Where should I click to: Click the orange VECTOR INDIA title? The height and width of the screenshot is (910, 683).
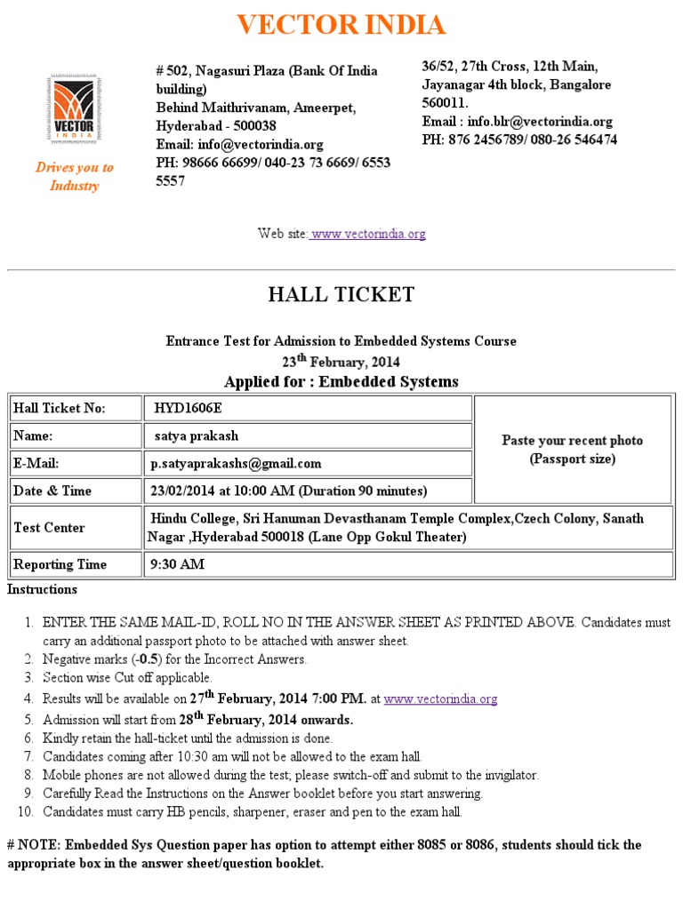click(x=341, y=25)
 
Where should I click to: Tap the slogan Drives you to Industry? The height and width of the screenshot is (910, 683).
click(x=74, y=176)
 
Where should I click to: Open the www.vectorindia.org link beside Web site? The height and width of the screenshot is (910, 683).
click(x=368, y=234)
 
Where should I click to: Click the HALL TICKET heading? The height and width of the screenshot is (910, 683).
click(x=341, y=295)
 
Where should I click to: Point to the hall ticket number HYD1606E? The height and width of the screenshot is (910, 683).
click(x=189, y=408)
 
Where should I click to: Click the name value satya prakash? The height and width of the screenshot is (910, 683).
click(x=197, y=435)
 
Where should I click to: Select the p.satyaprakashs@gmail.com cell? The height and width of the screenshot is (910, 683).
click(x=237, y=463)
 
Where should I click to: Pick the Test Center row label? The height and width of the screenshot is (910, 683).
click(x=49, y=527)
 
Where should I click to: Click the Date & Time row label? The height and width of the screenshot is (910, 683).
click(x=52, y=491)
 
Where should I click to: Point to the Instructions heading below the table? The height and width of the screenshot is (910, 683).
click(x=43, y=589)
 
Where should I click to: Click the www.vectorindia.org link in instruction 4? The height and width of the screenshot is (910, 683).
click(x=440, y=699)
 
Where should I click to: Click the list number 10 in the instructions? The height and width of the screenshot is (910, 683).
click(x=25, y=811)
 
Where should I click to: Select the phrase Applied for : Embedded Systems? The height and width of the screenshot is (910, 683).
click(x=341, y=382)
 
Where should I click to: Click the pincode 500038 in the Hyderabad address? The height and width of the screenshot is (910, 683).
click(x=252, y=125)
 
